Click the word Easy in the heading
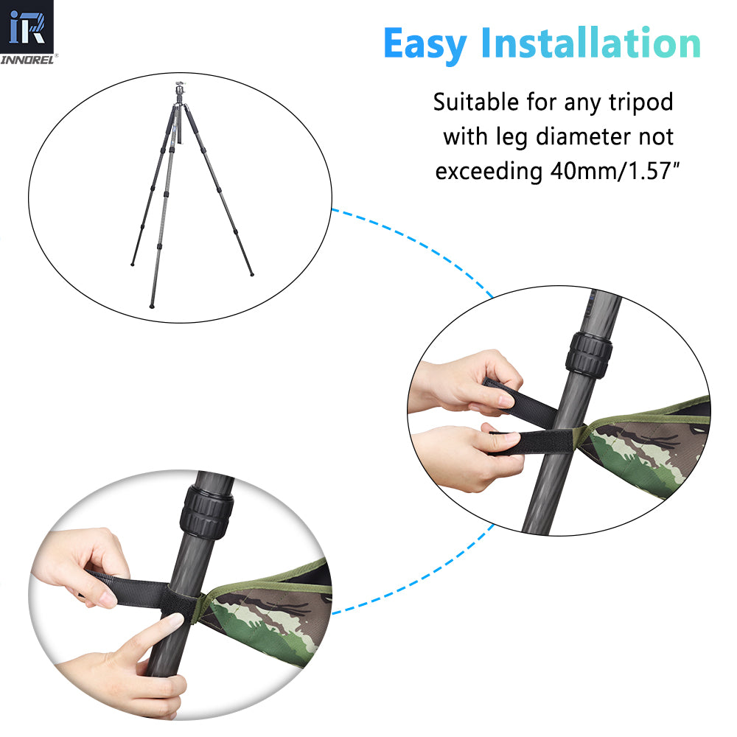(x=425, y=44)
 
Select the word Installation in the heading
(x=590, y=44)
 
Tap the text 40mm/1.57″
(x=612, y=171)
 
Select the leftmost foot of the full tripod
(x=133, y=263)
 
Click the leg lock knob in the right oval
(x=589, y=354)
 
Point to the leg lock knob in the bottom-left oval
(x=206, y=510)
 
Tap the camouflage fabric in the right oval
(x=649, y=450)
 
